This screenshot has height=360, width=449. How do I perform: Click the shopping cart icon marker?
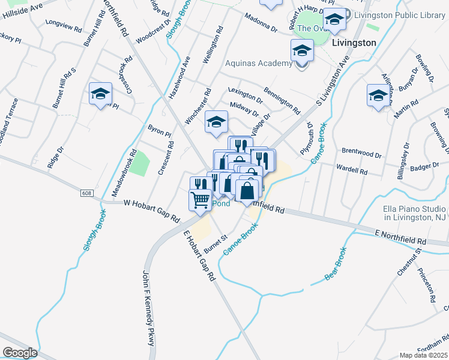(200, 199)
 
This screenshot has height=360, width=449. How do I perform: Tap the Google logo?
(20, 353)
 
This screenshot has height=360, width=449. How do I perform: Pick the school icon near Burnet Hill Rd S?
(100, 94)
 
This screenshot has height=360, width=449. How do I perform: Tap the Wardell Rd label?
(351, 170)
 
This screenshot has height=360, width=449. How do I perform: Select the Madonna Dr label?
(261, 22)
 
